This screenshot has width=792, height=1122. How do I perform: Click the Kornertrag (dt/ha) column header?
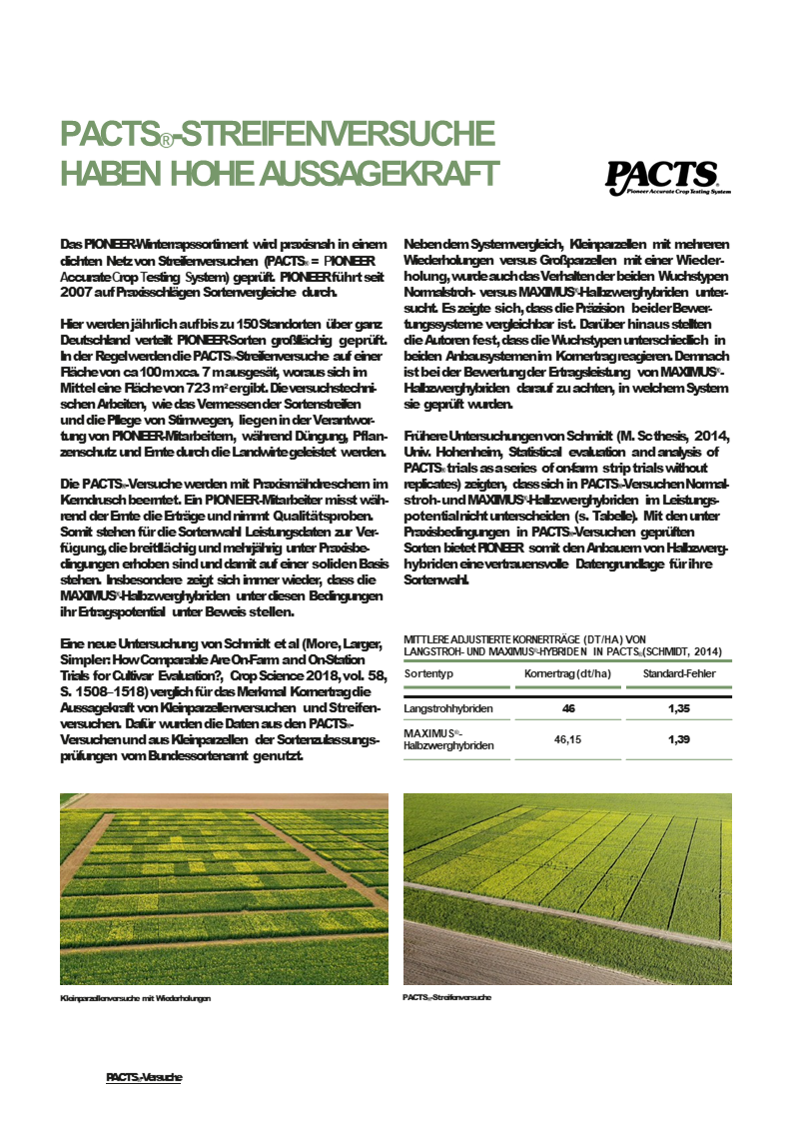567,673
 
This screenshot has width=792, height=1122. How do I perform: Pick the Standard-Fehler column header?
679,673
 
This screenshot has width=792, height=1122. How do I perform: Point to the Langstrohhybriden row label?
448,708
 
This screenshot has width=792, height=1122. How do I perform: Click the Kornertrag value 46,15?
567,741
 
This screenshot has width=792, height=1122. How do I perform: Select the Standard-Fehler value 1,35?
679,708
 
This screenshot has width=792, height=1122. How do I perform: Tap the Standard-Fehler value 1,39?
679,741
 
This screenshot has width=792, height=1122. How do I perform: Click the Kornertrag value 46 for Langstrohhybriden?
567,708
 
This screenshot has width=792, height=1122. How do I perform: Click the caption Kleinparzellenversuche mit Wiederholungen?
136,997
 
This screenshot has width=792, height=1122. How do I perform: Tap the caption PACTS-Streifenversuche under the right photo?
447,997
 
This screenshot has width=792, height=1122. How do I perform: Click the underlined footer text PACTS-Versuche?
144,1077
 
